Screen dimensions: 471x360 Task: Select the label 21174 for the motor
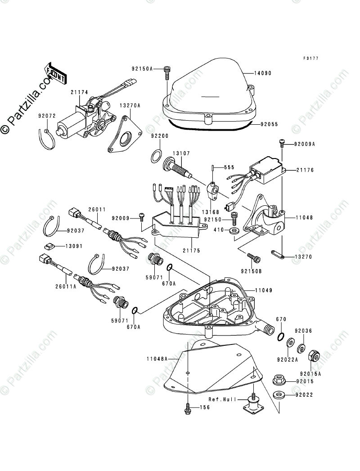point(79,92)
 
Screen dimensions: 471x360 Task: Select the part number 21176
point(305,170)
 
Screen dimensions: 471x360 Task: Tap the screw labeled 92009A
point(282,143)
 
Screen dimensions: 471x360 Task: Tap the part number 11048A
point(157,359)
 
